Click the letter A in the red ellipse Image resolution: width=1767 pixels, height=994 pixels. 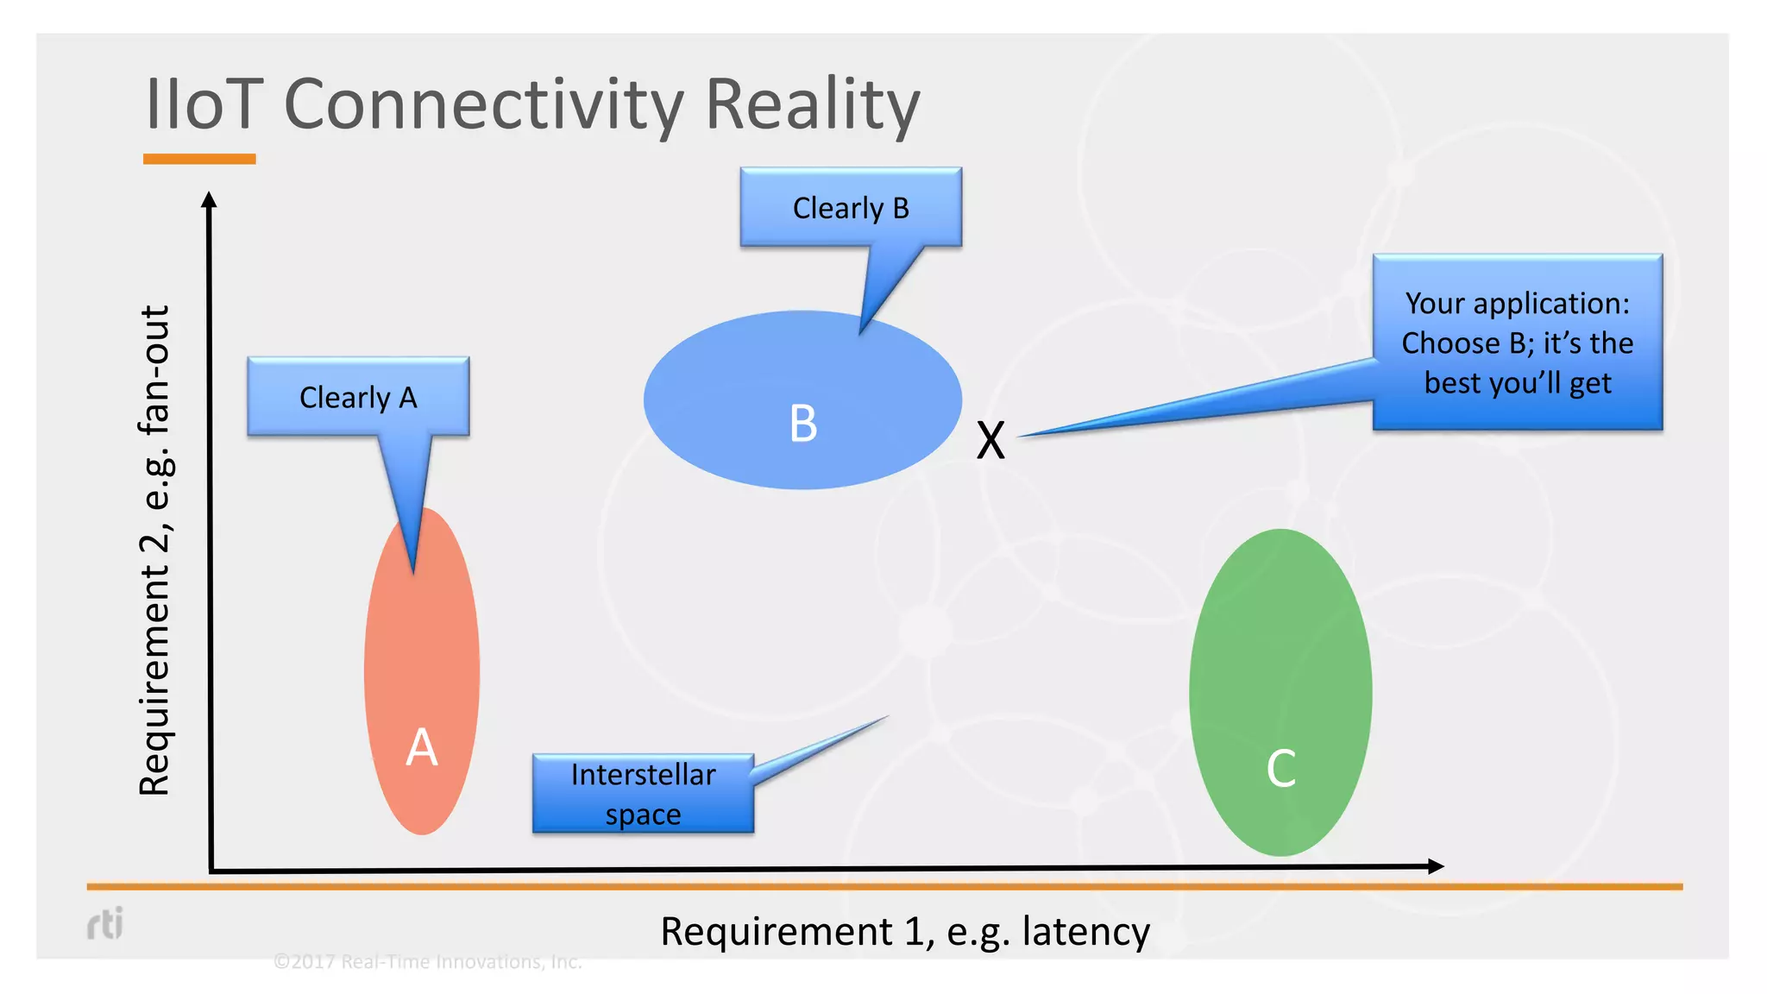[x=422, y=747]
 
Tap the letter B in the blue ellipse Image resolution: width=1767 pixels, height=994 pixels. [x=803, y=424]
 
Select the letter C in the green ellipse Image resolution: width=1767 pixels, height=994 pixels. [x=1281, y=768]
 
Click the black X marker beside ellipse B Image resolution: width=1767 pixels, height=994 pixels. [x=990, y=440]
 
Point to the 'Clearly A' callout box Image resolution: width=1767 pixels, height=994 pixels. [x=358, y=397]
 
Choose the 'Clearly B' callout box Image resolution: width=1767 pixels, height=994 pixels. [x=851, y=208]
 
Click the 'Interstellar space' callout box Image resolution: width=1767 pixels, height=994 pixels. [x=643, y=794]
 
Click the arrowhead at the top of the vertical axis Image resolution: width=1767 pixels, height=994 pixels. [x=209, y=200]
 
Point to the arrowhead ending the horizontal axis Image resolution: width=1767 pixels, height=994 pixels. [x=1436, y=865]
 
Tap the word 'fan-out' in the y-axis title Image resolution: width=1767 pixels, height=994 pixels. [x=156, y=371]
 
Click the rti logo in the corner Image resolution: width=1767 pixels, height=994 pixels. [x=105, y=923]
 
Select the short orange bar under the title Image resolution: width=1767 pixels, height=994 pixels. [x=199, y=159]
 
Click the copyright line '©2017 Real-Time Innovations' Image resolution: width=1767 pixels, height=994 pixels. [x=427, y=961]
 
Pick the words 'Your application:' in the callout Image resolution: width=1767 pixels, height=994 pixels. [x=1518, y=304]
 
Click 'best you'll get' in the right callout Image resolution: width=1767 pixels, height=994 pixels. [x=1518, y=382]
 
